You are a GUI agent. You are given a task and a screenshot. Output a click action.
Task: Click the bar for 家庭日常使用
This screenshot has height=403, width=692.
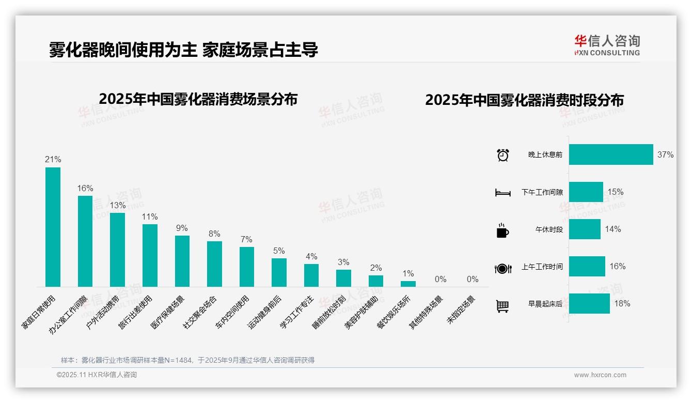click(53, 227)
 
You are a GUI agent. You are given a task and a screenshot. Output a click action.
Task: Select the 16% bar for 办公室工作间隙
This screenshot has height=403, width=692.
click(85, 241)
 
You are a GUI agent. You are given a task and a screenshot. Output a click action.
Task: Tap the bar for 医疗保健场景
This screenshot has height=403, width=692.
click(182, 261)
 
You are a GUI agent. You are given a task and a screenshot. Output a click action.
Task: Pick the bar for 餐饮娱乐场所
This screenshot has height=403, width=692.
click(408, 284)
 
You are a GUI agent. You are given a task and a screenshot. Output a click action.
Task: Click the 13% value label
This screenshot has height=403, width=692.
click(117, 205)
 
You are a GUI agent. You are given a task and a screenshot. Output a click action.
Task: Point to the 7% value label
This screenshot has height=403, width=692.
click(246, 240)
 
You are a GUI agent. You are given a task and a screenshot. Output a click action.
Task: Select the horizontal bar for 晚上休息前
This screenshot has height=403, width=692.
click(611, 154)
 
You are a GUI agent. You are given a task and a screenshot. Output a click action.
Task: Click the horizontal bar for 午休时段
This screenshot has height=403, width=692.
click(585, 229)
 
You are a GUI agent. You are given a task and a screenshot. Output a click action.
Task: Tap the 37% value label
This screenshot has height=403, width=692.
click(665, 154)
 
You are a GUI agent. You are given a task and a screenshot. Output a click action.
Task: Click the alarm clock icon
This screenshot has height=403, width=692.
click(502, 155)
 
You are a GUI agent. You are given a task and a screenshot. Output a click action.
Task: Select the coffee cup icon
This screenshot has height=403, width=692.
click(502, 230)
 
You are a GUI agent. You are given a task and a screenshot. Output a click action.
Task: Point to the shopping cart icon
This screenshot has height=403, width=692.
click(502, 306)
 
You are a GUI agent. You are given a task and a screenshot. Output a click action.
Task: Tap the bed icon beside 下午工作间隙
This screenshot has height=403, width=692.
click(502, 193)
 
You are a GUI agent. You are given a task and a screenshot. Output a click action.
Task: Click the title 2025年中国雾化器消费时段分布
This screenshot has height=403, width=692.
click(524, 100)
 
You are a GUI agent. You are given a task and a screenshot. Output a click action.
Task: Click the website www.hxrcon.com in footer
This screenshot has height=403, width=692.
click(600, 375)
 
